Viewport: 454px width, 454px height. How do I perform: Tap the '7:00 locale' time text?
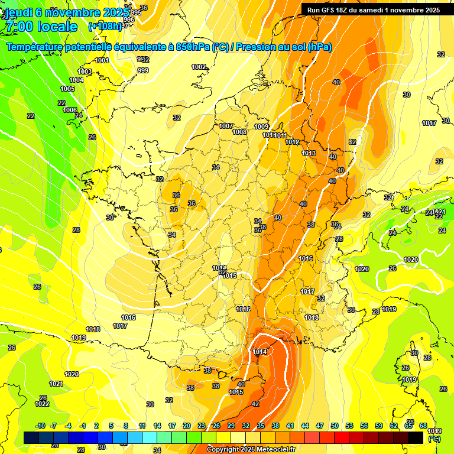[x=40, y=27]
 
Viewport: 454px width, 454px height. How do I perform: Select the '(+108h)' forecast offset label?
[x=105, y=27]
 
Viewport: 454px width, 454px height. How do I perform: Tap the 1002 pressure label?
[x=199, y=67]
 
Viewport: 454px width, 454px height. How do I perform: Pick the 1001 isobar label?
[x=102, y=60]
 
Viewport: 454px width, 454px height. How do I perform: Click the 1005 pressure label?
[x=67, y=89]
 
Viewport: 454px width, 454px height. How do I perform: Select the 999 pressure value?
[x=142, y=70]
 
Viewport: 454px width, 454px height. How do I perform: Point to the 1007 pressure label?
[x=226, y=126]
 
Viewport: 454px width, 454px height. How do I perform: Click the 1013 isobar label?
[x=309, y=153]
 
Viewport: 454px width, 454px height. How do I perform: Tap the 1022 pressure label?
[x=42, y=404]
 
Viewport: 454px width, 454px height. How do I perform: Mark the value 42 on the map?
[x=255, y=404]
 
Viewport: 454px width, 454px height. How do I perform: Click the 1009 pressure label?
[x=261, y=127]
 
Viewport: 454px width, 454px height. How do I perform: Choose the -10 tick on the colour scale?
[x=40, y=426]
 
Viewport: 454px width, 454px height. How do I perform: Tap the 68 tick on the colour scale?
[x=423, y=426]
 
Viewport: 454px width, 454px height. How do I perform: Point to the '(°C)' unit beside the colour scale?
[x=434, y=439]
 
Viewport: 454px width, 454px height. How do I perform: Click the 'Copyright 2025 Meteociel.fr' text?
[x=251, y=449]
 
